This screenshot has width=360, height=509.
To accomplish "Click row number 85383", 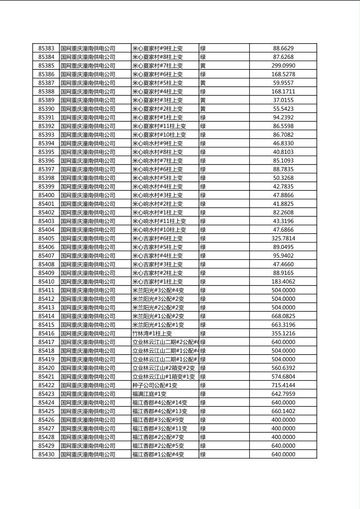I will pyautogui.click(x=46, y=48).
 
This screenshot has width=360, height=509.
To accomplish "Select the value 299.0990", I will pyautogui.click(x=283, y=66).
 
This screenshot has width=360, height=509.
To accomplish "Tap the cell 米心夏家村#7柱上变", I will pyautogui.click(x=157, y=66).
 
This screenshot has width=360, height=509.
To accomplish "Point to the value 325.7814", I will pyautogui.click(x=283, y=238).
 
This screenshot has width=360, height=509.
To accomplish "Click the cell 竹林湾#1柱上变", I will pyautogui.click(x=152, y=334).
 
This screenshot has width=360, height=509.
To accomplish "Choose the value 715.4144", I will pyautogui.click(x=283, y=385).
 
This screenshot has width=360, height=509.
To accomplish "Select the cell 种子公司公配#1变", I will pyautogui.click(x=155, y=385).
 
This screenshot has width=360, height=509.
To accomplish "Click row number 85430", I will pyautogui.click(x=46, y=454).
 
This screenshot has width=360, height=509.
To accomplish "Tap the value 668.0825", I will pyautogui.click(x=283, y=316).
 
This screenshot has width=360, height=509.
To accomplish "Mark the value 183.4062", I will pyautogui.click(x=283, y=282).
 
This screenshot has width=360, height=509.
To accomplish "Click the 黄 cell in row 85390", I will pyautogui.click(x=203, y=109).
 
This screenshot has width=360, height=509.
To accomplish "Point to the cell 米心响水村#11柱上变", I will pyautogui.click(x=159, y=221).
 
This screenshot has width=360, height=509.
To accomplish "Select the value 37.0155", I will pyautogui.click(x=283, y=100).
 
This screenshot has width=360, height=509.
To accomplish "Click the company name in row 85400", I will pyautogui.click(x=88, y=195).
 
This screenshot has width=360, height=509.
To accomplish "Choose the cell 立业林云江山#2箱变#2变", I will pyautogui.click(x=164, y=368).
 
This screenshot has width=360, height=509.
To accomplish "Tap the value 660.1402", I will pyautogui.click(x=283, y=411).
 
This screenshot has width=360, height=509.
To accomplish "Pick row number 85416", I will pyautogui.click(x=46, y=334).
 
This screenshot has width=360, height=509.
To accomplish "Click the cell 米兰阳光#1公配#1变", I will pyautogui.click(x=158, y=325).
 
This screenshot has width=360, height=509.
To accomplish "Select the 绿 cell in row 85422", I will pyautogui.click(x=203, y=385).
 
